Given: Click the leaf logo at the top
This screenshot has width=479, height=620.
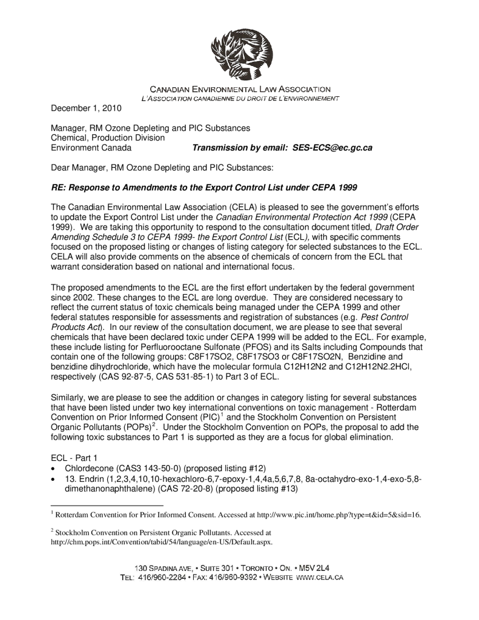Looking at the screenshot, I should [241, 54].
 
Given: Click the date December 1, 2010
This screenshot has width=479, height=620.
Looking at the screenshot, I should [86, 109].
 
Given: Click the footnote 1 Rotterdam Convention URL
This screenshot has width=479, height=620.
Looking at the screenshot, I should [339, 515].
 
